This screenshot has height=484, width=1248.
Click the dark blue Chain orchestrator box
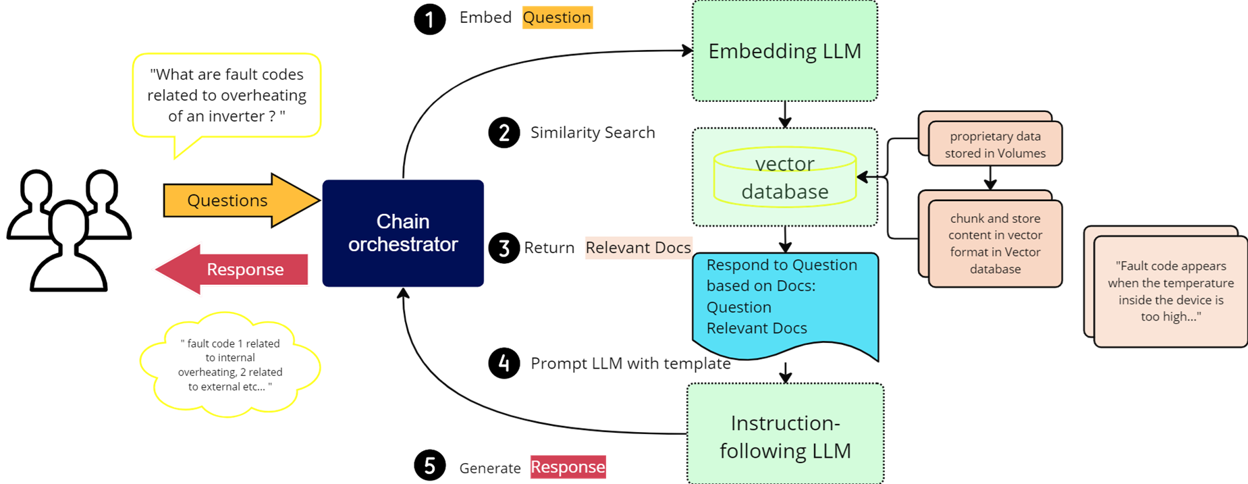coord(403,233)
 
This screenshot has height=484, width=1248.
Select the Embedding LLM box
coord(784,51)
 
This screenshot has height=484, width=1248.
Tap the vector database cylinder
coord(784,178)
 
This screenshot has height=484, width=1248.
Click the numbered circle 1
coord(430,18)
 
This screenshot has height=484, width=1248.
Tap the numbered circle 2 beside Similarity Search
coord(504,133)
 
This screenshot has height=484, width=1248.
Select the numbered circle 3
coord(504,248)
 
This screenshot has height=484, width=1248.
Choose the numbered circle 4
coord(504,364)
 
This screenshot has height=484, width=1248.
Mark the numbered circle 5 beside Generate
coord(430,466)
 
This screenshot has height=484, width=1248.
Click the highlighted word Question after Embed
coord(557,18)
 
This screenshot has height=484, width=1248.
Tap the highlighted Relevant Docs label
coord(638,248)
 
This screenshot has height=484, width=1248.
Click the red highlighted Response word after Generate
coord(568,467)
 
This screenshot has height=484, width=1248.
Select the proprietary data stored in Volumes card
coord(994,144)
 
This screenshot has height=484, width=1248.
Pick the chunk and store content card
coord(994,243)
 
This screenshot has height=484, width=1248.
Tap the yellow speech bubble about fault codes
coord(227,96)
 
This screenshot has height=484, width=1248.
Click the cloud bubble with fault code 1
coord(230,365)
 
